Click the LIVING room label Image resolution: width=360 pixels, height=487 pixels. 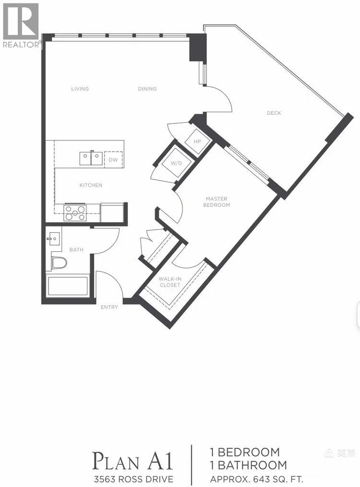pos(80,89)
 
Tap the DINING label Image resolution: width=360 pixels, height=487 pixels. pos(147,89)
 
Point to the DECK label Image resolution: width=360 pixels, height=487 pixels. pos(274,113)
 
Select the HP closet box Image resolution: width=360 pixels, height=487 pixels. pos(197,142)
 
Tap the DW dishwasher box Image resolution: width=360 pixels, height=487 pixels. pos(113,160)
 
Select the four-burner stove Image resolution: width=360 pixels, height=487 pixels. pos(75,212)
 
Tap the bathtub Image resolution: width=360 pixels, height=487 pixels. pos(67,286)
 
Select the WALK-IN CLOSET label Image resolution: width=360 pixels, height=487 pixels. pos(170,282)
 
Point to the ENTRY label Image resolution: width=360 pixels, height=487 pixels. pos(109,307)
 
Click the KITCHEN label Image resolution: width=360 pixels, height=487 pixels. pos(91,185)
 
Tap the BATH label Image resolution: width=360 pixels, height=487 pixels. pos(76,249)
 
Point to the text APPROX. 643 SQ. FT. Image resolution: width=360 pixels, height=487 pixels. pos(257,479)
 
